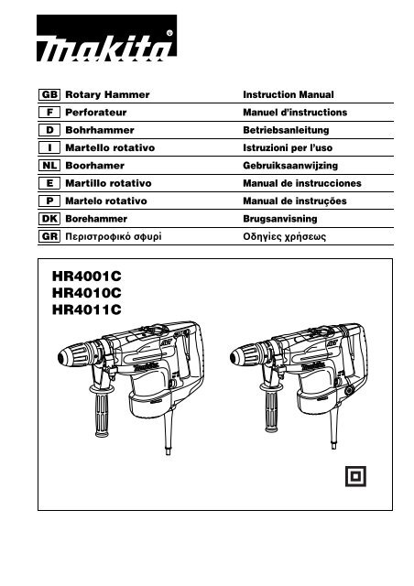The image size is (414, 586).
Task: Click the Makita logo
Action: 106,38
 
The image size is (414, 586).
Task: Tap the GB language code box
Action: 49,94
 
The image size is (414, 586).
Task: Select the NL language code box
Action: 49,166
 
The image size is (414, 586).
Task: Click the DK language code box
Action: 49,219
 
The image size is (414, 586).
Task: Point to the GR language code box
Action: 49,236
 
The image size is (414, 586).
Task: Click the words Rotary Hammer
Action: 107,95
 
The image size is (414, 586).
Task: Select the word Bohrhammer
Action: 100,130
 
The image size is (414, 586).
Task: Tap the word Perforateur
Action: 96,113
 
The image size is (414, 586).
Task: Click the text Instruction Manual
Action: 289,94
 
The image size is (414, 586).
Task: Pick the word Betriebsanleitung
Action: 286,130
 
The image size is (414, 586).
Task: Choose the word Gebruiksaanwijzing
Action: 290,166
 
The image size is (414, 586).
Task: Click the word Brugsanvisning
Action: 280,219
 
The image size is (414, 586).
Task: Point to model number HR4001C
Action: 87,277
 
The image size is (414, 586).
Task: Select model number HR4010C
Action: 87,293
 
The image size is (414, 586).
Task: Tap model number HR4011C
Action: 87,309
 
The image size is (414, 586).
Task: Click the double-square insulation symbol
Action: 355,476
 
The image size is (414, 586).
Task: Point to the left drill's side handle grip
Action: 102,415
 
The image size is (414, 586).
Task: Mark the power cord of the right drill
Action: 334,429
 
